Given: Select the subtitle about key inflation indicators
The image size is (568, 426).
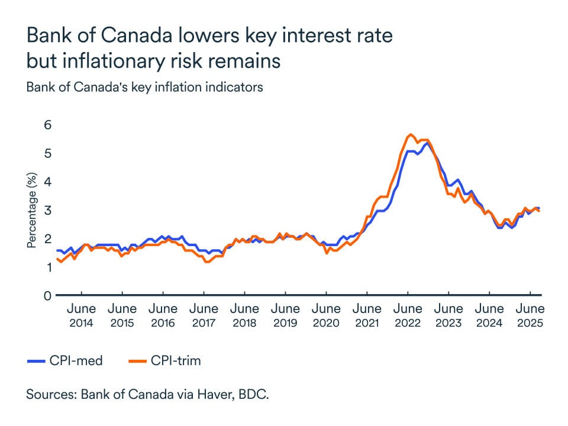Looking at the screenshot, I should [x=144, y=87].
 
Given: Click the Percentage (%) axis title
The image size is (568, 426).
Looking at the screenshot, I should [x=32, y=210].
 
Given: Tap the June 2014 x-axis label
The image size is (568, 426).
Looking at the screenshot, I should [x=81, y=315].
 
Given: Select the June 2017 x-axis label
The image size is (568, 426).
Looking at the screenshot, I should [x=204, y=315].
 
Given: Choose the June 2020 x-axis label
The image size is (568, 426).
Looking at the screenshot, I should [x=326, y=315].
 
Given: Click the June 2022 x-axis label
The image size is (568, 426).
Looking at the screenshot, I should [x=408, y=315].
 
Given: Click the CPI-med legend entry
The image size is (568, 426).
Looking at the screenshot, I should [x=65, y=360].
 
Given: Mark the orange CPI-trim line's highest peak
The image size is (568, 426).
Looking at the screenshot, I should [x=410, y=135].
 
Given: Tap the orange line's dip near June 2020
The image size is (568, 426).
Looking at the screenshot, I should [x=326, y=253].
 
